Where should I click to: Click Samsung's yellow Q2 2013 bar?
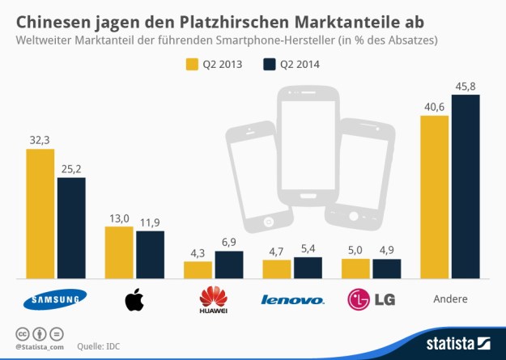[x=40, y=214]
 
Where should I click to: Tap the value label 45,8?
[x=466, y=85]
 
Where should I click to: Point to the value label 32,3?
[x=40, y=140]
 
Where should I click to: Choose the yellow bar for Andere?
[x=435, y=197]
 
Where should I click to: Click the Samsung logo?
[x=56, y=301]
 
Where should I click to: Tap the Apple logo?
[x=134, y=300]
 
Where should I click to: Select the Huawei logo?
[x=214, y=300]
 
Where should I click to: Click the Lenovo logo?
[x=292, y=300]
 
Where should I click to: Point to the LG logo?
[x=372, y=300]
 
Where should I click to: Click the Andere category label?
[x=450, y=299]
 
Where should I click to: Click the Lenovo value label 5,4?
[x=308, y=248]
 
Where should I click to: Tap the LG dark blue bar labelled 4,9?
[x=387, y=269]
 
